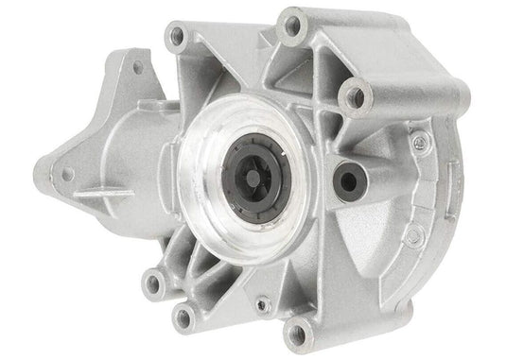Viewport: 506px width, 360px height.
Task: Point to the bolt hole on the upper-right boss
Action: [x=357, y=94]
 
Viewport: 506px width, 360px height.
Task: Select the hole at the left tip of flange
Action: [x=68, y=174]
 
